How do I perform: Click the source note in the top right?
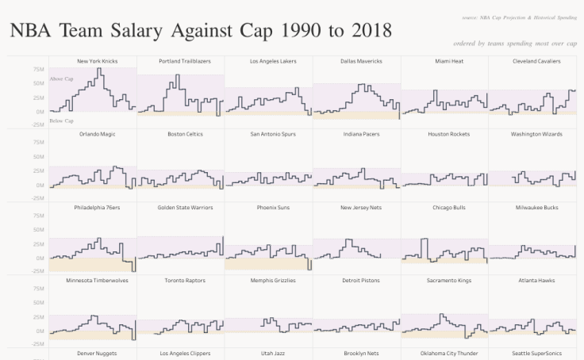[519, 17]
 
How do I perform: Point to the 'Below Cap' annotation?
[61, 121]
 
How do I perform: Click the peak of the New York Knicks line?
[98, 69]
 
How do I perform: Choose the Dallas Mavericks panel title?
[357, 61]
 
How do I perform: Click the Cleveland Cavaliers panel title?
[532, 61]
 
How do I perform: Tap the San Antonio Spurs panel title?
[269, 134]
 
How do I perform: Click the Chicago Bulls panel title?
[444, 208]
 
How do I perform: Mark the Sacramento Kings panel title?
[444, 281]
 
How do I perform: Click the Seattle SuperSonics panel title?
[532, 353]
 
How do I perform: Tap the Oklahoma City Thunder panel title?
[444, 353]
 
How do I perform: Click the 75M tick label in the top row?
[38, 69]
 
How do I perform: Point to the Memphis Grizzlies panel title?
[269, 281]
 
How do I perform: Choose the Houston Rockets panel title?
[444, 134]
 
